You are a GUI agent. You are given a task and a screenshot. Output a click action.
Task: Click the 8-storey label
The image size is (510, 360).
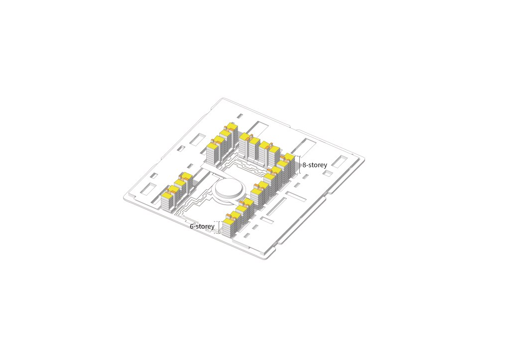coord(315,165)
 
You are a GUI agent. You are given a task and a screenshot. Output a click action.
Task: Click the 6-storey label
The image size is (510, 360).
coord(202,226)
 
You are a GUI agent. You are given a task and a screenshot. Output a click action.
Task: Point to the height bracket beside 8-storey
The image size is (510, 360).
coord(299,164)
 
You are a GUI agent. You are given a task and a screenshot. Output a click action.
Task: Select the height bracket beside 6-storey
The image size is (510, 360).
coord(219,227)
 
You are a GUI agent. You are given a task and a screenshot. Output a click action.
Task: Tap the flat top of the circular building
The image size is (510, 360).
coord(228,188)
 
